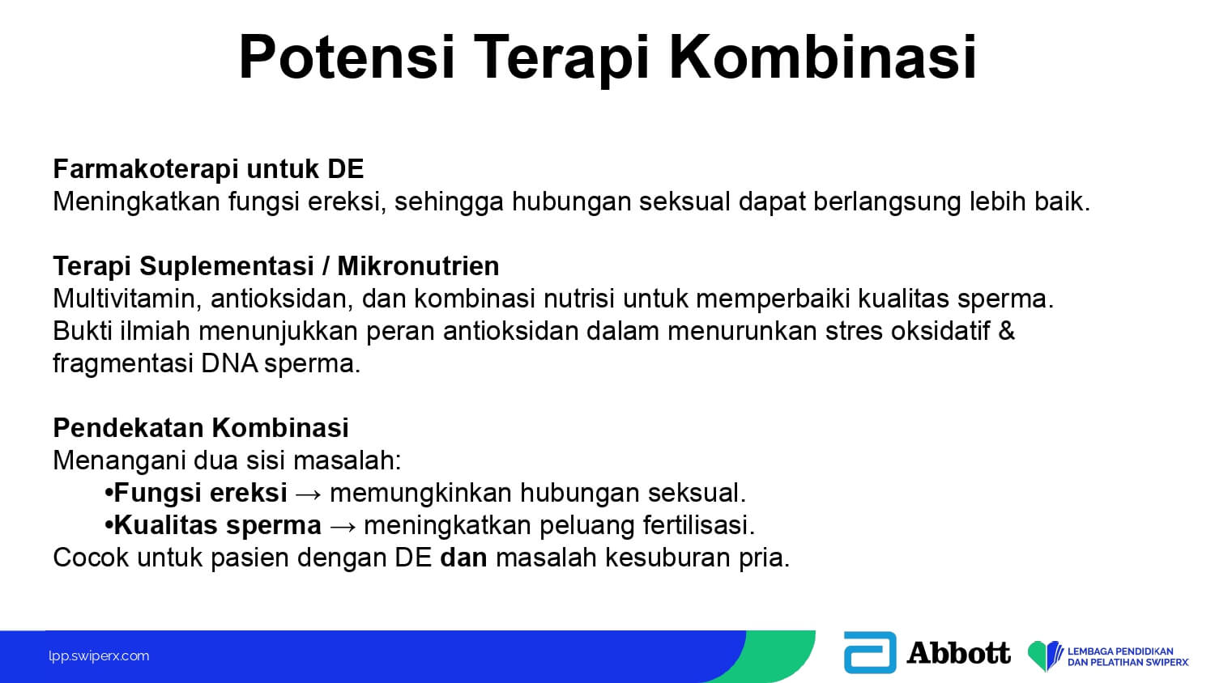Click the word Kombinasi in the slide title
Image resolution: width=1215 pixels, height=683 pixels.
click(823, 57)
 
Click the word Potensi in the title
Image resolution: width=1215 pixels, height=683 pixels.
click(346, 57)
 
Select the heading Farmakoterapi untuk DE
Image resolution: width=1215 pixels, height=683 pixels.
click(208, 169)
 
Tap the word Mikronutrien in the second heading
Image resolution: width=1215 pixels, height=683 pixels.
click(418, 266)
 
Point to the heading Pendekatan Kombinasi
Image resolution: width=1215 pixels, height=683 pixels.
click(201, 428)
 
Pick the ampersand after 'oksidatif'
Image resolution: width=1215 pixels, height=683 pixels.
click(1006, 331)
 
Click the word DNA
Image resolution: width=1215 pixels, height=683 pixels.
click(229, 363)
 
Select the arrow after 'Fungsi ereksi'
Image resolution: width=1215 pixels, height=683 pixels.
click(309, 494)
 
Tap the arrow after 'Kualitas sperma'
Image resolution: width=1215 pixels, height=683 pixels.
click(343, 526)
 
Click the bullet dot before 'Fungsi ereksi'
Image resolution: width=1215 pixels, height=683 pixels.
click(109, 494)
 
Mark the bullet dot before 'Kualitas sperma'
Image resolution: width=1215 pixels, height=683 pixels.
click(109, 525)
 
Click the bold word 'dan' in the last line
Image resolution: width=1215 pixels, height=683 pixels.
click(463, 558)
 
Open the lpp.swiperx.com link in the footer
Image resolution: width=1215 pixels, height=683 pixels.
click(99, 656)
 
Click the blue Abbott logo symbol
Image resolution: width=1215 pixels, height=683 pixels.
click(870, 652)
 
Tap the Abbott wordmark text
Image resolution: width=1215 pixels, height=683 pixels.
click(958, 652)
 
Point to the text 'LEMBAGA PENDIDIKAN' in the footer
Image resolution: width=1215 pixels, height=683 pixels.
click(1120, 651)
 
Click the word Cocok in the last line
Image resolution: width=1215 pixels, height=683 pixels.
click(91, 558)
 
